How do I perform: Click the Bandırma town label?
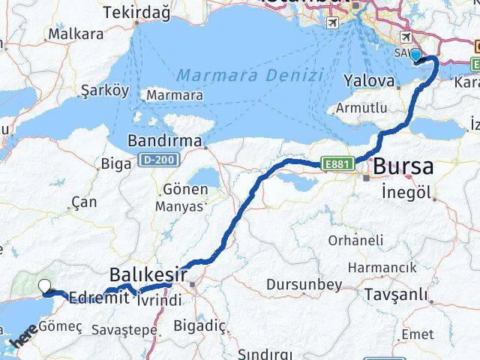tap(165, 140)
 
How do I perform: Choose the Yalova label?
tap(369, 80)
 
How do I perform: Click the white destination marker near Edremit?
tap(45, 286)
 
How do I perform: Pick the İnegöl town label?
tap(406, 192)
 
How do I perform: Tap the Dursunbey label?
tap(304, 285)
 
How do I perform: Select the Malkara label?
tap(75, 34)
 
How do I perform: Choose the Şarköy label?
tap(106, 90)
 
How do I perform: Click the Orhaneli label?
tap(355, 240)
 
